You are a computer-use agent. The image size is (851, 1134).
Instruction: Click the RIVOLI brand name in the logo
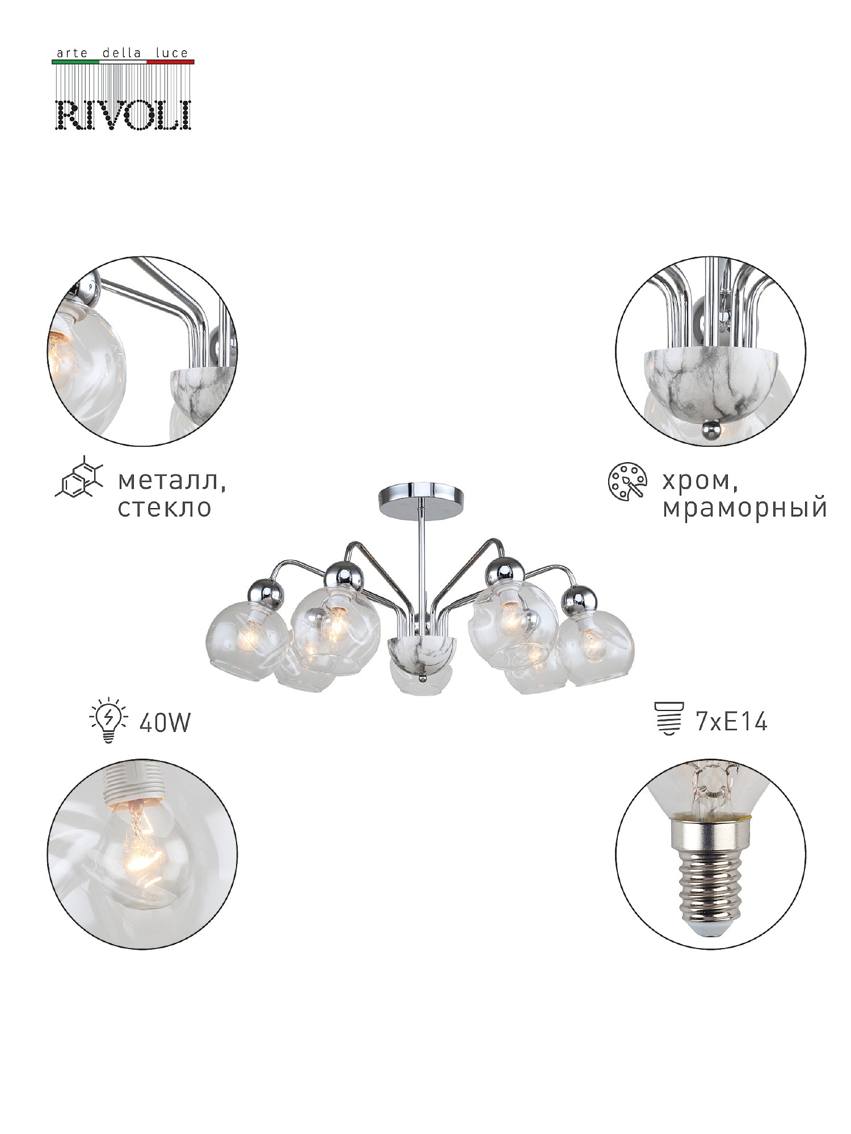(x=124, y=115)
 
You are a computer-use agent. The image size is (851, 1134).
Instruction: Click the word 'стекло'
(x=165, y=507)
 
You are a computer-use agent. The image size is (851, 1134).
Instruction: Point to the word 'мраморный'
(x=744, y=509)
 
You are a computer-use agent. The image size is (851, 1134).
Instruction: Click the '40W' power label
(x=165, y=722)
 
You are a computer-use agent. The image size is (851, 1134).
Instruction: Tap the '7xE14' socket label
(x=731, y=722)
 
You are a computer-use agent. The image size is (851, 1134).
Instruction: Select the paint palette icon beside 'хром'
(x=627, y=482)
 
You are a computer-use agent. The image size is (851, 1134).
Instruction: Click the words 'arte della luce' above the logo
(x=121, y=53)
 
